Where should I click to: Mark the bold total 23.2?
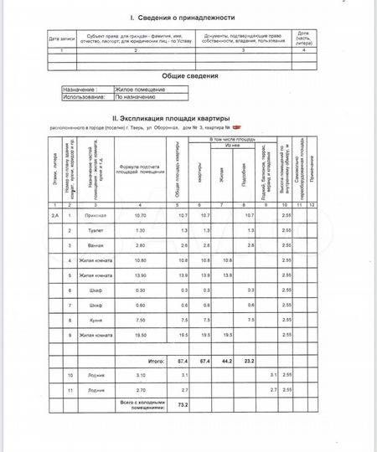pos(249,361)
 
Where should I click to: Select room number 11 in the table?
pos(70,390)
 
